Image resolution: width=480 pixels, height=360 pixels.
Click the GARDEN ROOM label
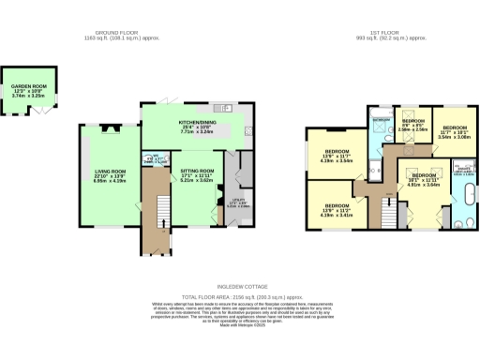(x=27, y=90)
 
